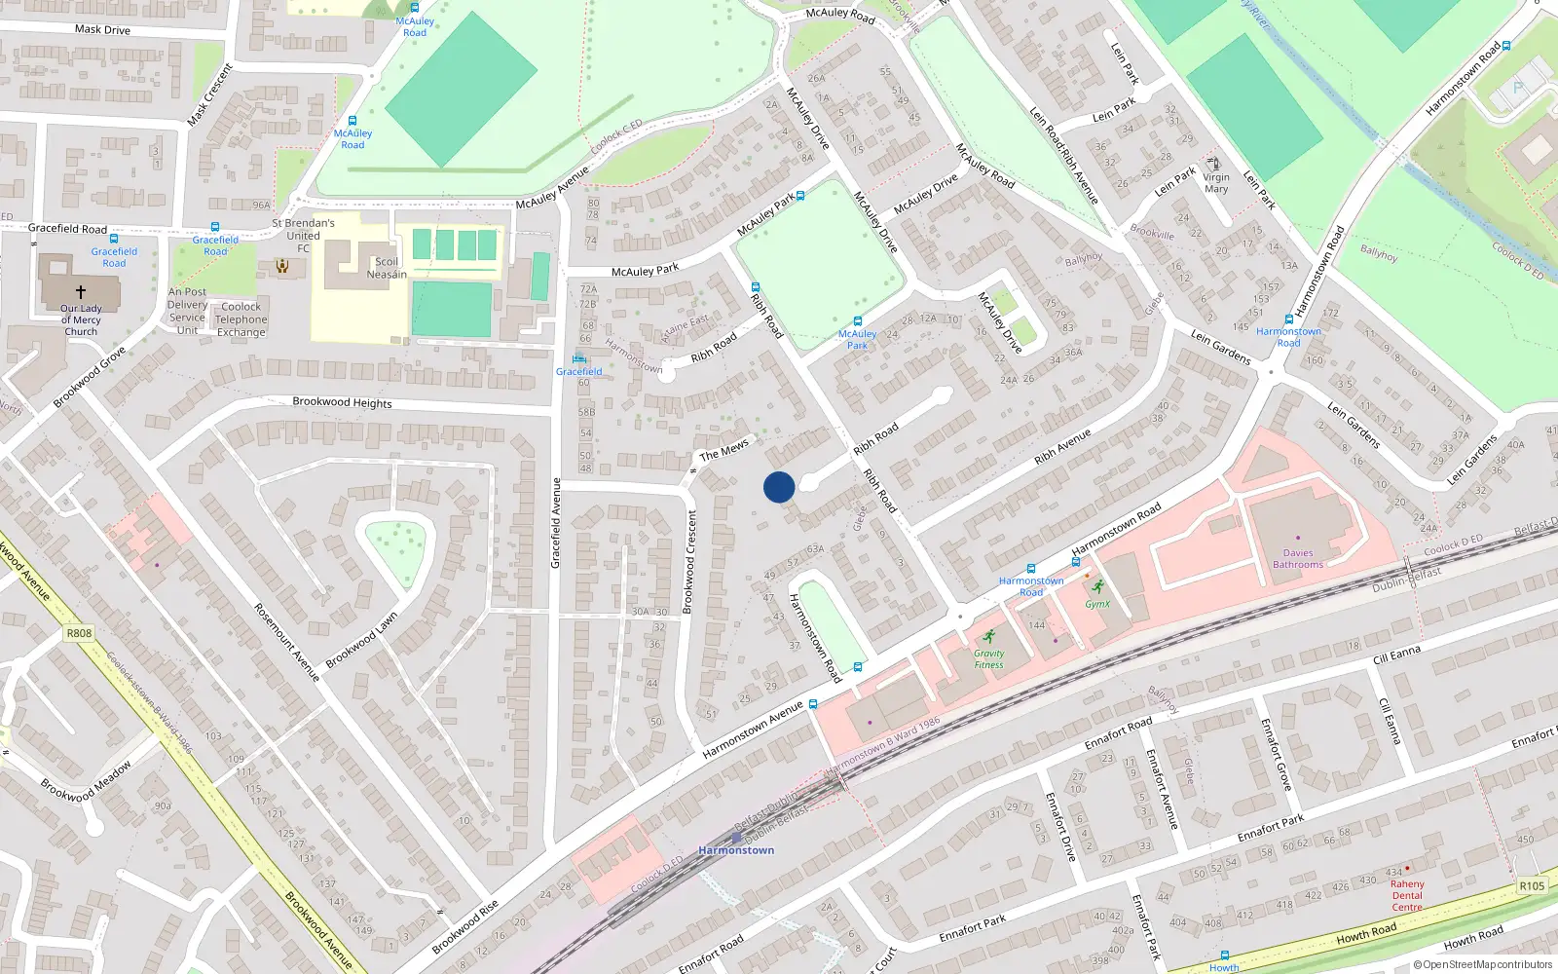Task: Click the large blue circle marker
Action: [x=779, y=487]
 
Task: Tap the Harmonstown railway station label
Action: [x=736, y=850]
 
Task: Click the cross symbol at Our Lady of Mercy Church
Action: [x=81, y=291]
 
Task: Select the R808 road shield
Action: [x=79, y=633]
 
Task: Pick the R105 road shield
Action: [x=1532, y=885]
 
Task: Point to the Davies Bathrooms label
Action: [x=1297, y=558]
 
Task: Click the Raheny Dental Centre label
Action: [x=1406, y=895]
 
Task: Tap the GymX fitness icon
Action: [x=1098, y=586]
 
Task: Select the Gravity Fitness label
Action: [x=988, y=659]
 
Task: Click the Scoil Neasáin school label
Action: [x=387, y=268]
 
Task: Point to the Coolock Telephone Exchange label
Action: [x=241, y=319]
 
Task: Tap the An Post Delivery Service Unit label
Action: [x=187, y=311]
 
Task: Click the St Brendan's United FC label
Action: [x=303, y=235]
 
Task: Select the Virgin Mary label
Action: [x=1216, y=183]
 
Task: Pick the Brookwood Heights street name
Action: [x=342, y=402]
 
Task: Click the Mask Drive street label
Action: [x=102, y=29]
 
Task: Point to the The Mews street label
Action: [x=723, y=449]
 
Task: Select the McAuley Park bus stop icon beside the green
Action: [x=857, y=320]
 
